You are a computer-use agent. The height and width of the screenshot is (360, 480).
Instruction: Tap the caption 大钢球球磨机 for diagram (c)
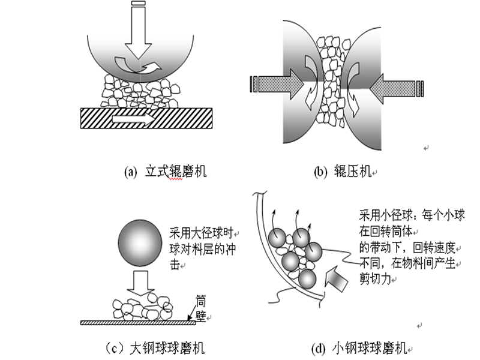(162, 347)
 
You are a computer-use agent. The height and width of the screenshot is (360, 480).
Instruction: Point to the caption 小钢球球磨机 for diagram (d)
(376, 347)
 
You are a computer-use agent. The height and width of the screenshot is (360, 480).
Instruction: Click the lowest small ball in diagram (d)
(307, 279)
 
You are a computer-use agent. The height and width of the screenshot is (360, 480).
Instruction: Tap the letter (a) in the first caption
(130, 172)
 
